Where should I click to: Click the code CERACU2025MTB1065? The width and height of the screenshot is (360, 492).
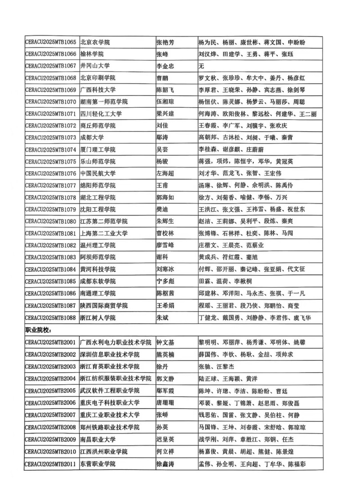[50, 42]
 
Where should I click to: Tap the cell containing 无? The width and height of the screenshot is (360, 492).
[201, 66]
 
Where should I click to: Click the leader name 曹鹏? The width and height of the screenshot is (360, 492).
[162, 78]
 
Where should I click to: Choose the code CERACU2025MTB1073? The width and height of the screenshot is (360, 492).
[50, 138]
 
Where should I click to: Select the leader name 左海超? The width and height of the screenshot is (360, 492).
[165, 173]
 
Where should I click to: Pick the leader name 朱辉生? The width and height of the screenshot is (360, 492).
[165, 221]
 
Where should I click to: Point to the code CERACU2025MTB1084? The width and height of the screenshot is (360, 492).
[50, 269]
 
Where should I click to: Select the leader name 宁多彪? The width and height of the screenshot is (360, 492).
[165, 281]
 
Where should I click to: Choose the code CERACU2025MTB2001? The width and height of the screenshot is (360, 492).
[50, 342]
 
